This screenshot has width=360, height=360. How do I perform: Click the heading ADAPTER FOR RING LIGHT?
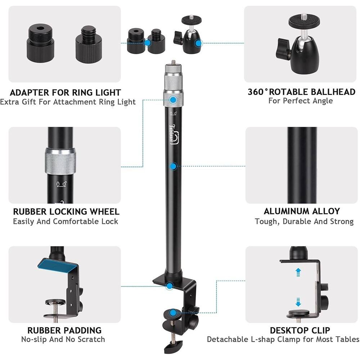[65, 93]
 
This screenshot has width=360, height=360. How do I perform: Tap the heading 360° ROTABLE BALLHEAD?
[301, 92]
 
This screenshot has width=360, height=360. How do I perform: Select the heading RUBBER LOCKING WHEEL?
[66, 211]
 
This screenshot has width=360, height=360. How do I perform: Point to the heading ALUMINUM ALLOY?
[302, 211]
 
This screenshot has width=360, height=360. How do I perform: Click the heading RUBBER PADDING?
[64, 330]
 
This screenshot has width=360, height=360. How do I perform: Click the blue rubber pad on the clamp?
[58, 265]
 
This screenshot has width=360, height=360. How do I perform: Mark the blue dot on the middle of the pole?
[174, 166]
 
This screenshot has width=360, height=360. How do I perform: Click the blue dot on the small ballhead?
[198, 43]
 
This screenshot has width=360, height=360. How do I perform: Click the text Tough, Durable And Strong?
[304, 221]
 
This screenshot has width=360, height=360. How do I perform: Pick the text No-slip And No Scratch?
[63, 339]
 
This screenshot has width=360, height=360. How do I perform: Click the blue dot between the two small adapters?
[147, 43]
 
